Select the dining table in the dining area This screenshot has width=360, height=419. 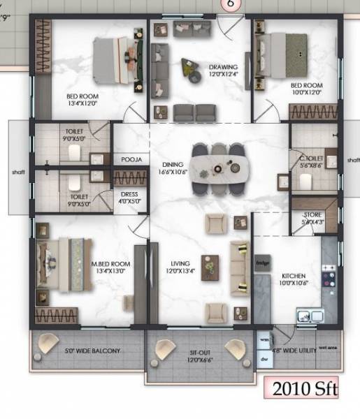(219, 168)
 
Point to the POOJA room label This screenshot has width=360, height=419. (131, 160)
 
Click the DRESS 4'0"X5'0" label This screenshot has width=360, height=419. (130, 198)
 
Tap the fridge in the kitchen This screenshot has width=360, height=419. (263, 263)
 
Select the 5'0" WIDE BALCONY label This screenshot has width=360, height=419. (93, 350)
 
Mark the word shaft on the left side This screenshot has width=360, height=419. (17, 171)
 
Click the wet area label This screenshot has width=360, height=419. (328, 347)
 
